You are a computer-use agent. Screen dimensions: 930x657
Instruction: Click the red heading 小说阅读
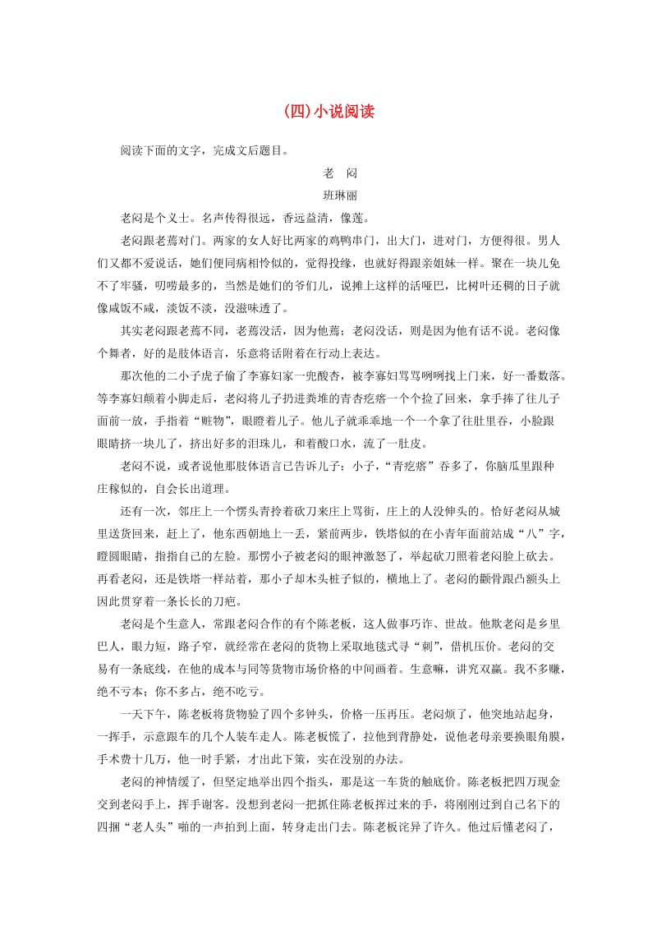pos(328,112)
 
